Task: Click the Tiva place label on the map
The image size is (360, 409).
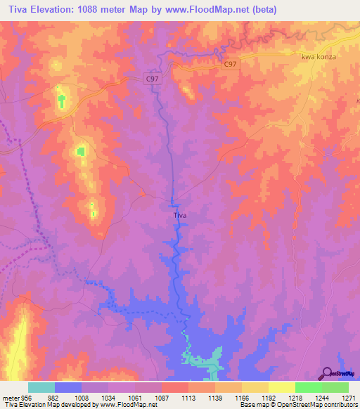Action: (x=179, y=216)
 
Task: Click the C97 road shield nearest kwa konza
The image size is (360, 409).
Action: (x=230, y=64)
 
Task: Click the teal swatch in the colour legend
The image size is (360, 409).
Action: (x=41, y=387)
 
